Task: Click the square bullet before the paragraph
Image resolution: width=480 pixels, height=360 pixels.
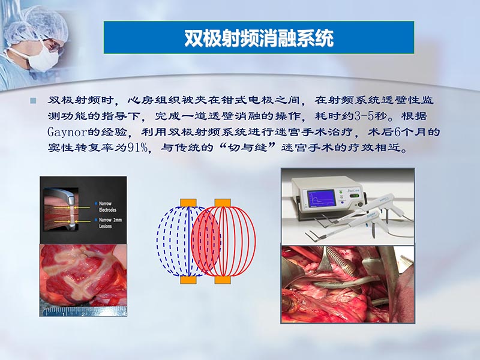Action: point(34,100)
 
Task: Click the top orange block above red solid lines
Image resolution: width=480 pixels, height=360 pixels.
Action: point(222,202)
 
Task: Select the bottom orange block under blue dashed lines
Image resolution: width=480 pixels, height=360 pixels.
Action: point(188,280)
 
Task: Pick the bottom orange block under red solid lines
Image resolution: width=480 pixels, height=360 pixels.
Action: point(222,280)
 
